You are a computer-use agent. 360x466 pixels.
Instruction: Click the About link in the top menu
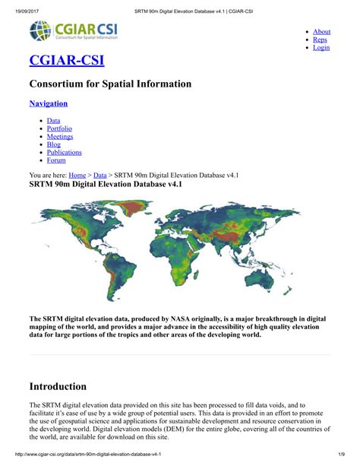[x=322, y=32]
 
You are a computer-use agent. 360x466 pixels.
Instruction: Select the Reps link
[x=321, y=40]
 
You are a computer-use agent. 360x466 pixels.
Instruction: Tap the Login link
[x=321, y=47]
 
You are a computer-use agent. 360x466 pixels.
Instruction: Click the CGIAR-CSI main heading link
[x=67, y=60]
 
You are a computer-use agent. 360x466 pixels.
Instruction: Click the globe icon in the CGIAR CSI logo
[x=41, y=31]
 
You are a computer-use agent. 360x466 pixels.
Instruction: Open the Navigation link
[x=49, y=103]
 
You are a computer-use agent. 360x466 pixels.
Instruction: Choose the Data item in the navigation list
[x=54, y=120]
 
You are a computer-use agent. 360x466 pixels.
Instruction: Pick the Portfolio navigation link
[x=60, y=128]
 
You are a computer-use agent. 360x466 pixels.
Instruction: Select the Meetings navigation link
[x=61, y=137]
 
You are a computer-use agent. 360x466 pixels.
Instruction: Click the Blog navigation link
[x=54, y=144]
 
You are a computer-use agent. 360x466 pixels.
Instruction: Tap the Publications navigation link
[x=65, y=152]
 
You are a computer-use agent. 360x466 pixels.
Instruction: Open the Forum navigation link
[x=56, y=160]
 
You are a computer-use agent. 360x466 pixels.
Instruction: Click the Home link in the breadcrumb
[x=77, y=175]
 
